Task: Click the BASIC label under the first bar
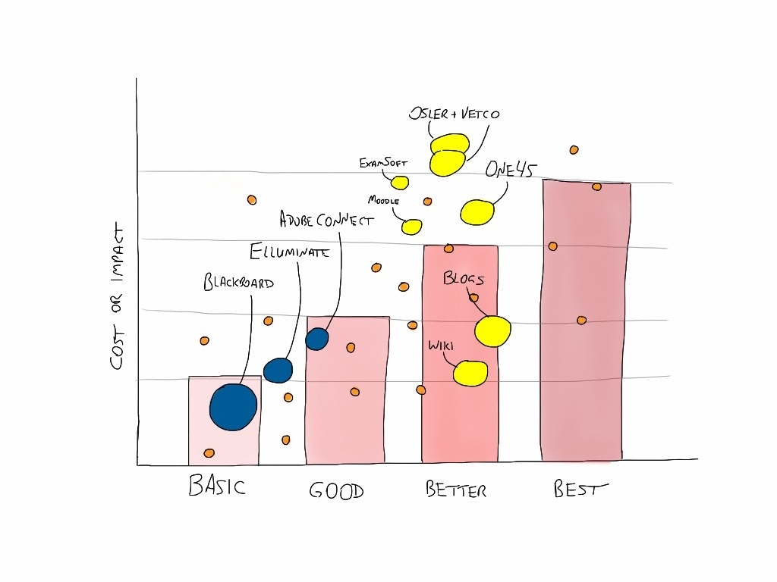pyautogui.click(x=217, y=485)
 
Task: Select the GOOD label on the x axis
pyautogui.click(x=336, y=491)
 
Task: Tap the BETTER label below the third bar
pyautogui.click(x=455, y=490)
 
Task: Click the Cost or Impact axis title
pyautogui.click(x=117, y=296)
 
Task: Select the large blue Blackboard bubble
pyautogui.click(x=233, y=407)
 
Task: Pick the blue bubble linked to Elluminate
pyautogui.click(x=278, y=370)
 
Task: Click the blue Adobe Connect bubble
pyautogui.click(x=316, y=339)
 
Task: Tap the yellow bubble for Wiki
pyautogui.click(x=470, y=373)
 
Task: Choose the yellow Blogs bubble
pyautogui.click(x=493, y=331)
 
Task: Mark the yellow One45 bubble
pyautogui.click(x=477, y=212)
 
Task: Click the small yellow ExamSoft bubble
pyautogui.click(x=400, y=183)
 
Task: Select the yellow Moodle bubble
pyautogui.click(x=411, y=227)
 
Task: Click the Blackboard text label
pyautogui.click(x=238, y=283)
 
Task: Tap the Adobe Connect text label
pyautogui.click(x=326, y=220)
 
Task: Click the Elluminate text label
pyautogui.click(x=289, y=252)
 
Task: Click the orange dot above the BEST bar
pyautogui.click(x=574, y=150)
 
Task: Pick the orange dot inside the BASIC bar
pyautogui.click(x=209, y=453)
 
